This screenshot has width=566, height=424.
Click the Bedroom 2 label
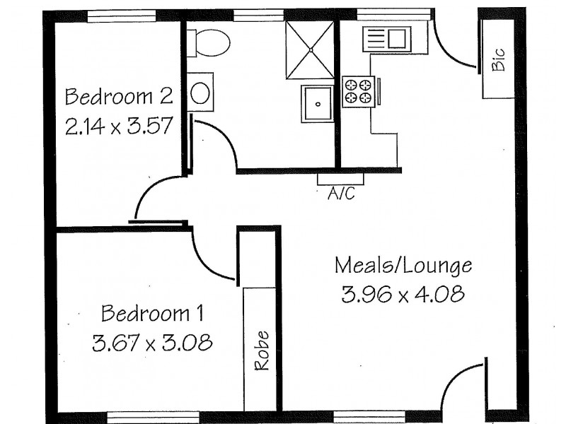point(119,95)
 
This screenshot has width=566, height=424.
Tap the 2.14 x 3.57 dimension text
point(119,127)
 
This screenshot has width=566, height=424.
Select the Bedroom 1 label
point(153,312)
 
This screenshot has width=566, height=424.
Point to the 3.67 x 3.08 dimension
point(153,343)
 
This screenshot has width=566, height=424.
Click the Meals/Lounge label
point(403,266)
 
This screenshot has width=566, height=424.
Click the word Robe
point(262,351)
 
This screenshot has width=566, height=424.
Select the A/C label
point(340,193)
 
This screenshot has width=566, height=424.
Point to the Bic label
point(499,60)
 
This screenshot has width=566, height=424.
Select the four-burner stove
point(358,91)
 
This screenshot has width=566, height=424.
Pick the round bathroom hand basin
point(202,92)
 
